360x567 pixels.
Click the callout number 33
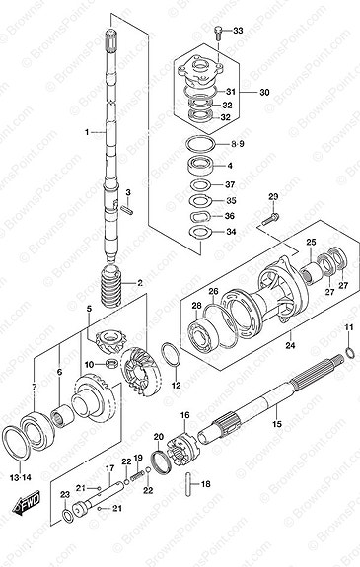237,33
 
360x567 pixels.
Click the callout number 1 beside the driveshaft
86,131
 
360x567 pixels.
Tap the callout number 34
231,232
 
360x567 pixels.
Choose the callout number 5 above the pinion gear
88,310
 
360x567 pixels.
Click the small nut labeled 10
115,365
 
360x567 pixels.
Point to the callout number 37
230,184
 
